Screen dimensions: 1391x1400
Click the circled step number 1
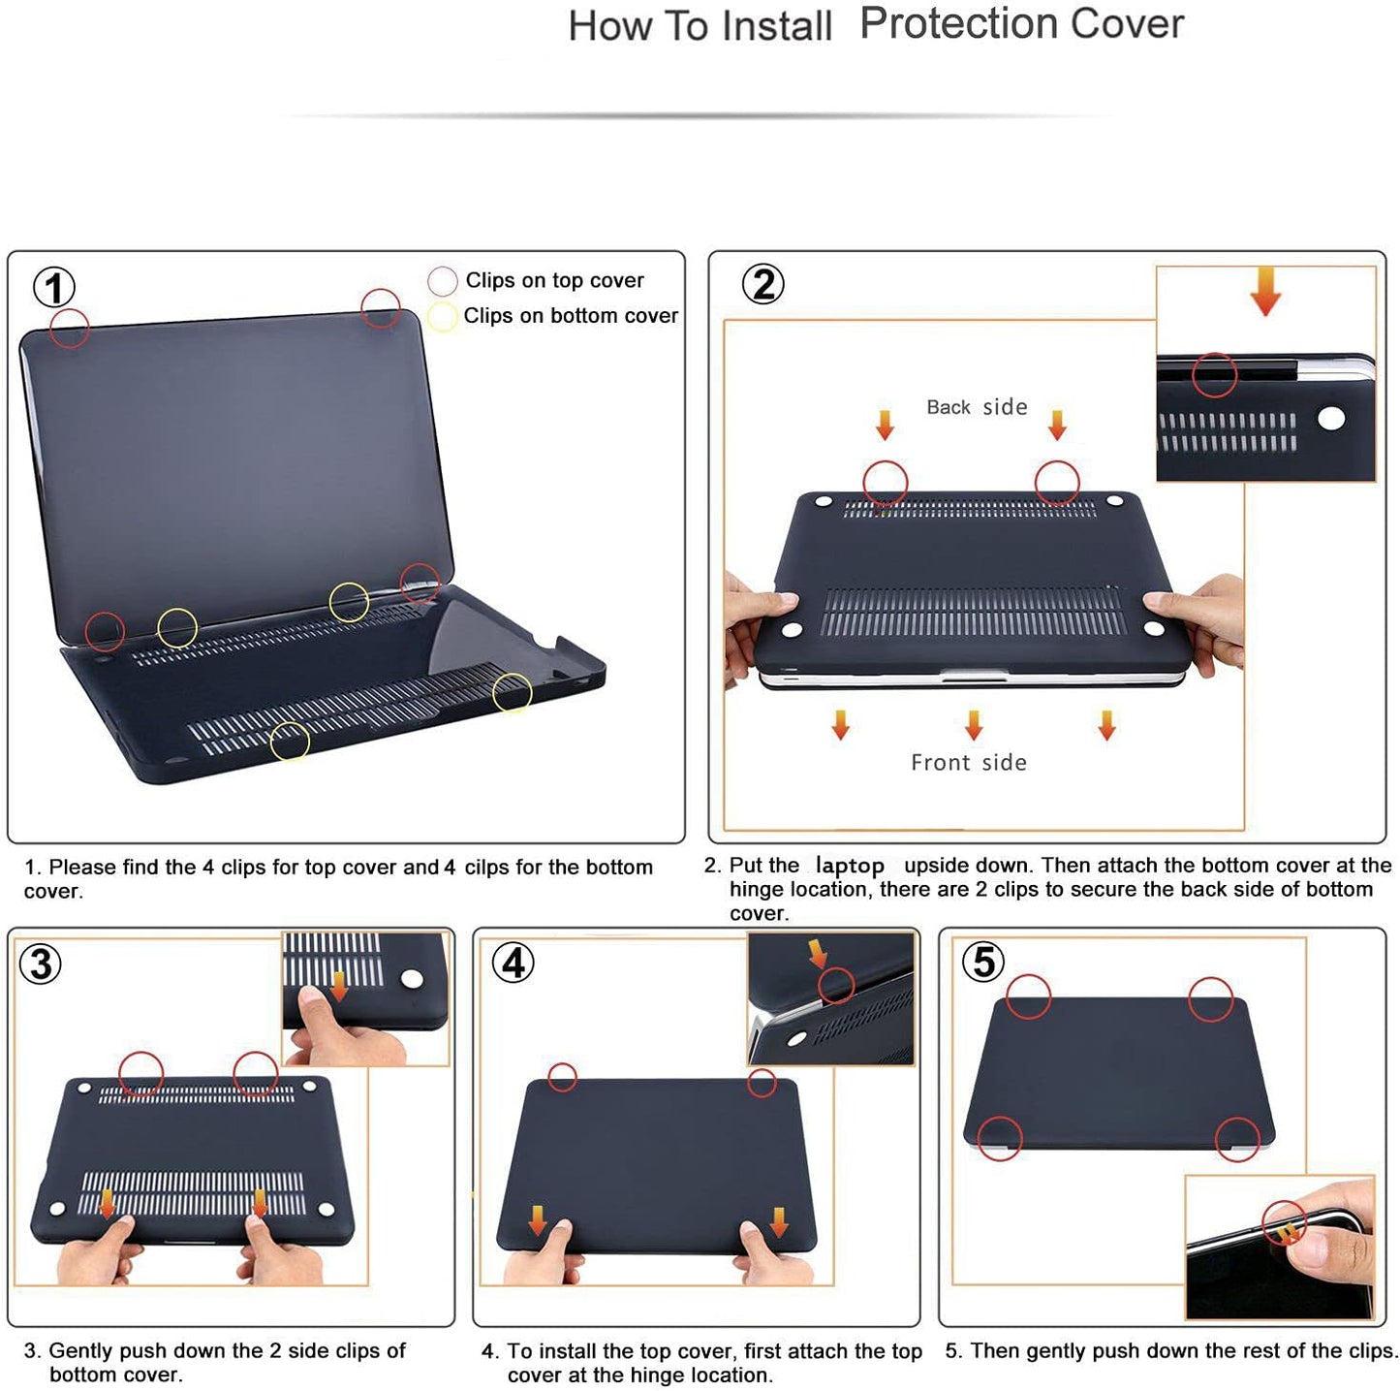(x=54, y=288)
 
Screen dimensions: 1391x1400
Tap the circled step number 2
(x=763, y=284)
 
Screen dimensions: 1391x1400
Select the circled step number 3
(x=42, y=964)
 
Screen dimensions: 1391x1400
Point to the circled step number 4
(x=513, y=963)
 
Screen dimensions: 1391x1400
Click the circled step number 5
(x=983, y=962)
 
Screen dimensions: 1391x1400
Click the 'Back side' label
(x=977, y=407)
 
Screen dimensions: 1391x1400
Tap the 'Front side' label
(x=969, y=763)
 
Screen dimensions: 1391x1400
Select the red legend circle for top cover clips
(x=442, y=281)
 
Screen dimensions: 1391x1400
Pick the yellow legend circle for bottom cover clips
(x=442, y=317)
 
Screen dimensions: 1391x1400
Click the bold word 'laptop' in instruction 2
(x=850, y=866)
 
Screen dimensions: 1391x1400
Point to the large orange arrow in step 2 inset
(x=1265, y=291)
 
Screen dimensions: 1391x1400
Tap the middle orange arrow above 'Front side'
(x=974, y=724)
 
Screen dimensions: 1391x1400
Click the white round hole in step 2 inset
(x=1331, y=418)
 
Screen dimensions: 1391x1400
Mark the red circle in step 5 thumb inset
(x=1284, y=1222)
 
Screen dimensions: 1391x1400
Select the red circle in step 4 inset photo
(x=835, y=986)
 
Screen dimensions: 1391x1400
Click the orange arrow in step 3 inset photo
(x=339, y=986)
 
